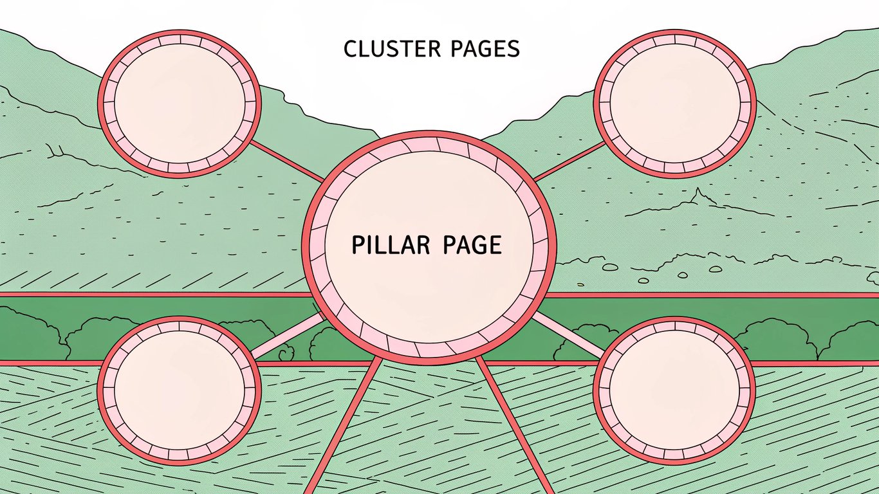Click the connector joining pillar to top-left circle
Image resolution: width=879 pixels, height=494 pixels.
pyautogui.click(x=287, y=162)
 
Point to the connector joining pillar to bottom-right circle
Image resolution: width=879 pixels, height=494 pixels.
pyautogui.click(x=566, y=333)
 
